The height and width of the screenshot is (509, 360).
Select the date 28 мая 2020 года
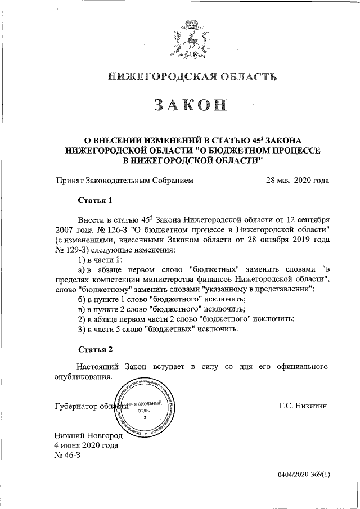(x=297, y=181)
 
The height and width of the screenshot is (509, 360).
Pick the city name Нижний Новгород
(x=88, y=435)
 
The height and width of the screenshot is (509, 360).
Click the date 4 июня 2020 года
(x=86, y=445)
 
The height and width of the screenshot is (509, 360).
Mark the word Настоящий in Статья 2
(x=98, y=367)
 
